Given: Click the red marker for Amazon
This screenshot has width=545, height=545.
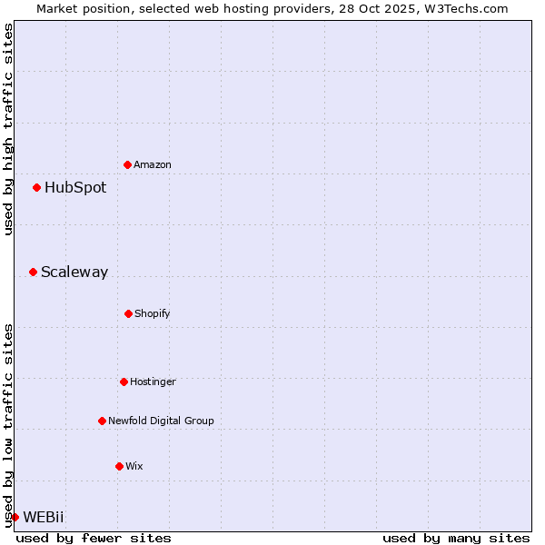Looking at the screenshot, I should click(x=128, y=164).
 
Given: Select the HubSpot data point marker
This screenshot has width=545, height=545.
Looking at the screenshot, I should click(x=37, y=188).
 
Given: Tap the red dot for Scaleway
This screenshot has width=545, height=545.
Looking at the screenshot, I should click(x=34, y=272).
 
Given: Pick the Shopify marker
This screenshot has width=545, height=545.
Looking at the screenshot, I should click(x=128, y=313).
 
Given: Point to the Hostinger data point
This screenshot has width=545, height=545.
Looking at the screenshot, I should click(x=124, y=381).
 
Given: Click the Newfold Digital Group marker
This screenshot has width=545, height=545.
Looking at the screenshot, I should click(x=102, y=421).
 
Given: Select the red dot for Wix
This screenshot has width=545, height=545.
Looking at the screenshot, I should click(x=119, y=466).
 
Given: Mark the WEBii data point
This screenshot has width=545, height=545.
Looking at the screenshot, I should click(x=15, y=517).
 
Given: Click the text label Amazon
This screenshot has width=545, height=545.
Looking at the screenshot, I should click(x=153, y=165).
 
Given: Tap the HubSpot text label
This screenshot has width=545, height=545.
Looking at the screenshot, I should click(x=75, y=188).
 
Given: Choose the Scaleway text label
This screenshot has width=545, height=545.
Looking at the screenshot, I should click(x=74, y=272).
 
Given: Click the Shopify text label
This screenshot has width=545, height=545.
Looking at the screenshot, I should click(x=153, y=314).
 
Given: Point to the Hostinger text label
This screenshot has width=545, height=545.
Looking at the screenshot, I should click(x=153, y=382).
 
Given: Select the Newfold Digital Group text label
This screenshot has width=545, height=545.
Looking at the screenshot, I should click(x=161, y=421).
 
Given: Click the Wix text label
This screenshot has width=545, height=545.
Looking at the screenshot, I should click(x=134, y=467).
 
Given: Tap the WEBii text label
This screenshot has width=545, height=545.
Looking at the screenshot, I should click(x=44, y=517).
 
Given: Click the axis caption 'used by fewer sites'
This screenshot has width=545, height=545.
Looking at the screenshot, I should click(x=94, y=538).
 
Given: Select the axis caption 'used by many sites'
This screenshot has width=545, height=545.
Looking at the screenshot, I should click(x=456, y=538).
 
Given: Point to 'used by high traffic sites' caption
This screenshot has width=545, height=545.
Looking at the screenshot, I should click(x=8, y=129).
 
